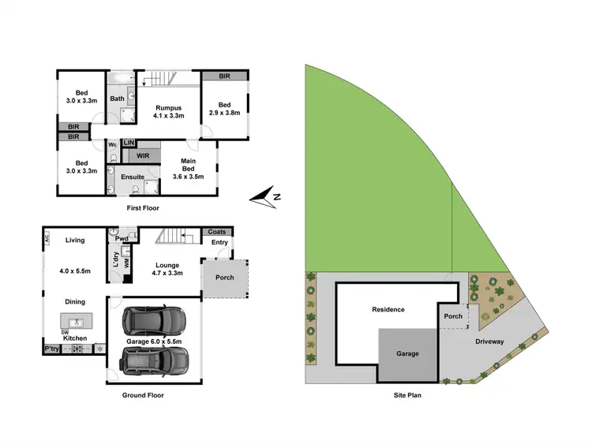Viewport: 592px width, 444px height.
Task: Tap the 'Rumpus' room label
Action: point(168,107)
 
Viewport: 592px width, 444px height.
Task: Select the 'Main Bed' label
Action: point(187,167)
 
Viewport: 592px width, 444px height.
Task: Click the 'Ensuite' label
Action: point(132,177)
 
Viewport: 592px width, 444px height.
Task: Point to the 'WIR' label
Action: point(143,155)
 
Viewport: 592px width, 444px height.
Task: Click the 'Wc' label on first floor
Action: point(112,144)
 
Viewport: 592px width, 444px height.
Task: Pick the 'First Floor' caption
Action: point(143,208)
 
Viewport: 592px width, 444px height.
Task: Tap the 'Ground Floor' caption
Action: point(143,395)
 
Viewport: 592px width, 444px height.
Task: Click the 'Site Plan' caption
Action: point(409,395)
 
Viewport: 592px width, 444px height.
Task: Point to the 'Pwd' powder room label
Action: point(121,237)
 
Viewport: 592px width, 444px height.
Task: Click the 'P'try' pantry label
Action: point(52,349)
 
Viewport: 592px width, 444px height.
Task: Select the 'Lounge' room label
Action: point(167,265)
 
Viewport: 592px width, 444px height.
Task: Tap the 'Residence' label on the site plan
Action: point(388,309)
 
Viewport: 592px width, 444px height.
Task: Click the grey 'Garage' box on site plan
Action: point(407,353)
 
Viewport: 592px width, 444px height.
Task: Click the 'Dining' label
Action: point(74,301)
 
